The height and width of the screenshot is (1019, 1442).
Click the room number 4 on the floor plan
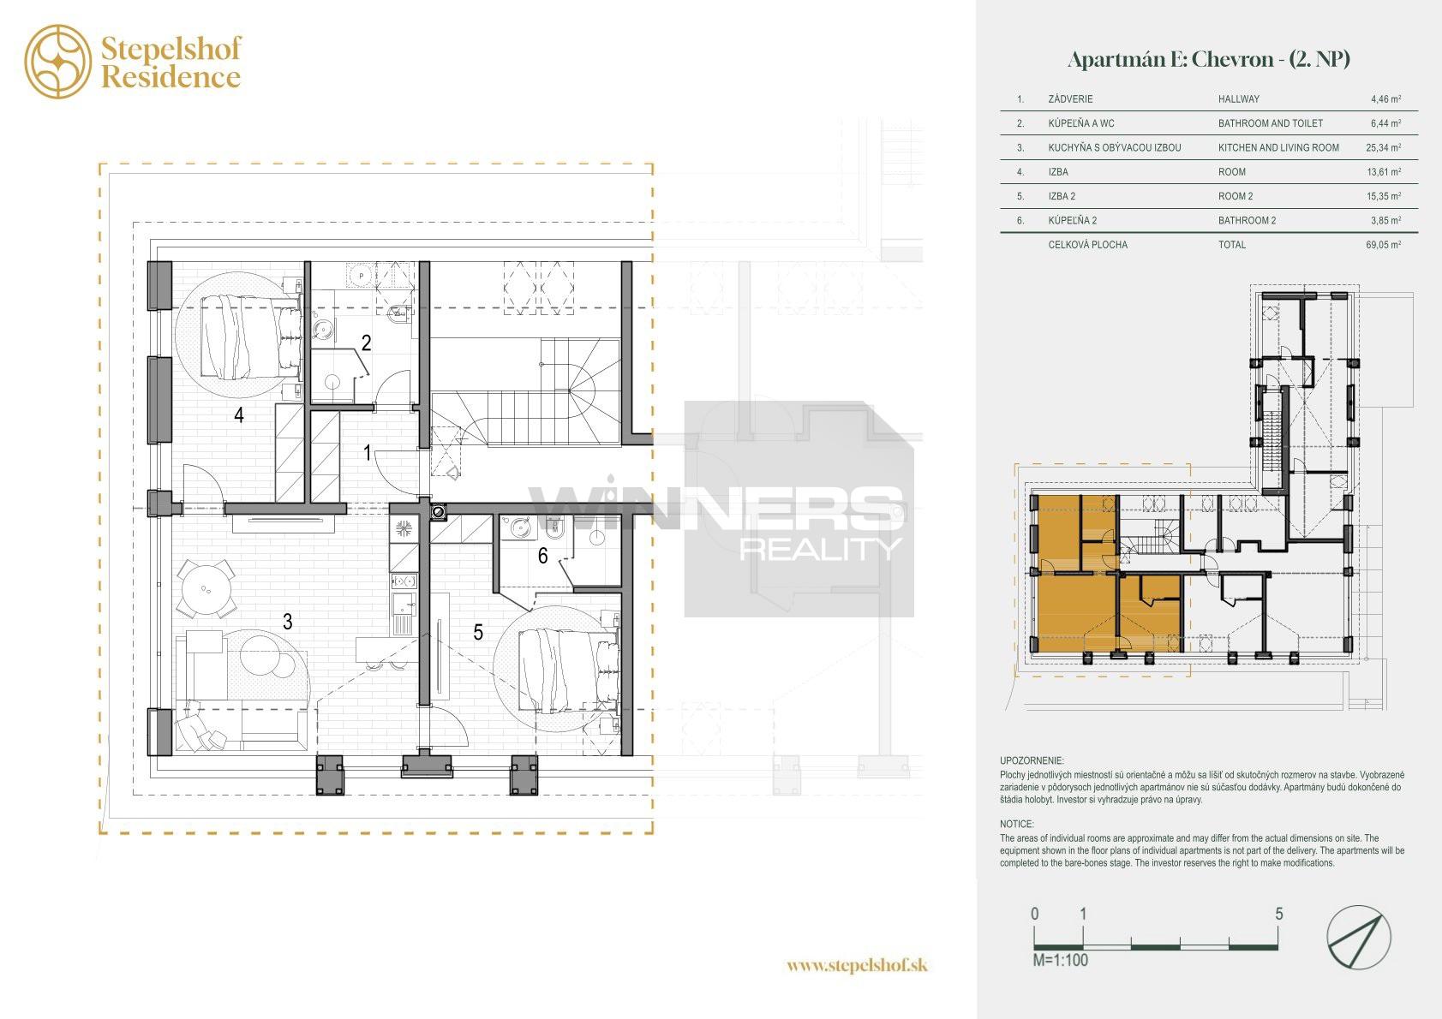(x=239, y=415)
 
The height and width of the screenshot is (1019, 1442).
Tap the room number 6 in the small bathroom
(x=542, y=555)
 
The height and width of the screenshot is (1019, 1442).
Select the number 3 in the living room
(x=288, y=622)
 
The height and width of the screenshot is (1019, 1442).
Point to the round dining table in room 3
(x=205, y=588)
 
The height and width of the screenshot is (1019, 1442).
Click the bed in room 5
(x=570, y=671)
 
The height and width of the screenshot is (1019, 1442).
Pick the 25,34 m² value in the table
(x=1384, y=147)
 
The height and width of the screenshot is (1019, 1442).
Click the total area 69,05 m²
(x=1384, y=244)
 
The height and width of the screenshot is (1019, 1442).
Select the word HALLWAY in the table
(x=1239, y=99)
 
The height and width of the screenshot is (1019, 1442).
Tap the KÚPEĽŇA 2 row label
(x=1073, y=220)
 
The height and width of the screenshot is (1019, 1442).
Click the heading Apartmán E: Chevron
(x=1170, y=60)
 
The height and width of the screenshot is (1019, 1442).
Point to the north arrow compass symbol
(x=1359, y=937)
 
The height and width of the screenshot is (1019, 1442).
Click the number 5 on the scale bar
(x=1279, y=914)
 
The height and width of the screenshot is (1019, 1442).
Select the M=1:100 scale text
(x=1060, y=961)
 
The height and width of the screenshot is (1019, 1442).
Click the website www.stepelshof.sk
(x=857, y=965)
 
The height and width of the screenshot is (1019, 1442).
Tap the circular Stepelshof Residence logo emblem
(x=58, y=62)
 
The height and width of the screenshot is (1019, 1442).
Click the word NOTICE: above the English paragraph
(x=1016, y=824)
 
